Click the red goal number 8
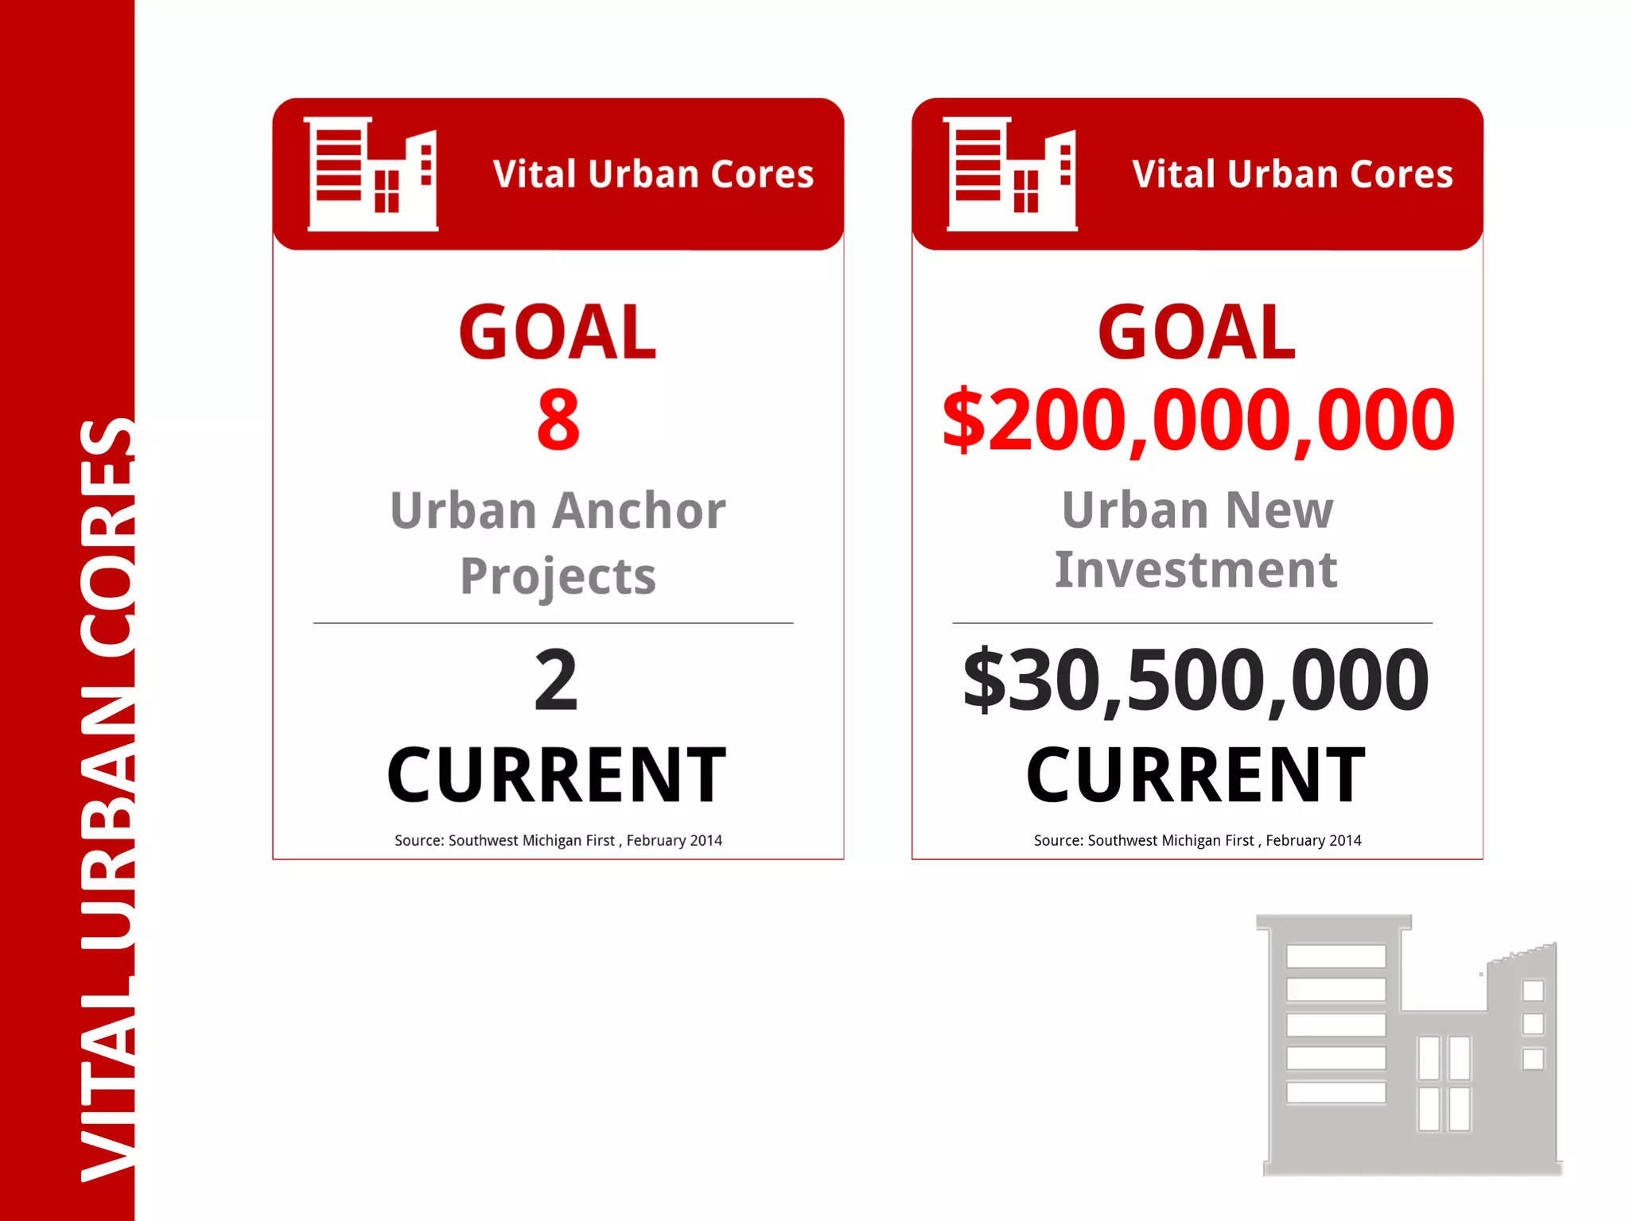558,420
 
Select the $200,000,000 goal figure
1198,420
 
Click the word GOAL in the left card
558,332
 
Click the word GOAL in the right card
1197,332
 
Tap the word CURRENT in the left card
557,775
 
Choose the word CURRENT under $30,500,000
1196,775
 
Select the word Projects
558,576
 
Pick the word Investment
1196,570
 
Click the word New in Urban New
1279,510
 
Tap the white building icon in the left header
372,174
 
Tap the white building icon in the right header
1011,174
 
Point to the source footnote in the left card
558,840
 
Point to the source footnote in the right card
1197,840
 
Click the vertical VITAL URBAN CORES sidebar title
107,799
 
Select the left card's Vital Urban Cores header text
653,174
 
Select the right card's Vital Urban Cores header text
1293,174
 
